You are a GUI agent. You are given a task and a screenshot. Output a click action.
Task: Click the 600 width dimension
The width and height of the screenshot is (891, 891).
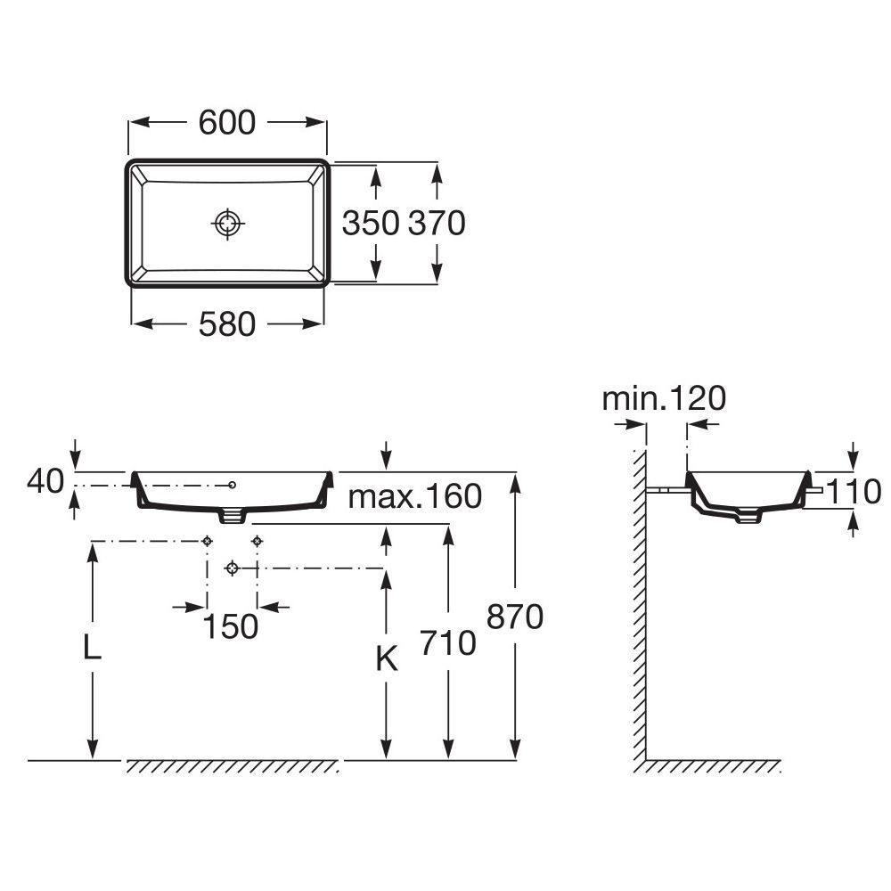pos(227,123)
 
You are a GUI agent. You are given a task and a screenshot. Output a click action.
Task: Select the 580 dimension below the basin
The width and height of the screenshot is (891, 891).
pos(227,324)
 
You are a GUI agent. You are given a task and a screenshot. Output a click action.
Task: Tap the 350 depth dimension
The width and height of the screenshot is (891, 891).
pos(371,223)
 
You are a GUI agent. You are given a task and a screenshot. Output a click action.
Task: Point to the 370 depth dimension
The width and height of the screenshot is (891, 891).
pos(437,223)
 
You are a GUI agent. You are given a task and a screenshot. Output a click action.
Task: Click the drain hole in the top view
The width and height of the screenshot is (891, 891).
pos(228,224)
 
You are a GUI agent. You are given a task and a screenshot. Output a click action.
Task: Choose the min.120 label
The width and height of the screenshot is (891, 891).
pos(664,398)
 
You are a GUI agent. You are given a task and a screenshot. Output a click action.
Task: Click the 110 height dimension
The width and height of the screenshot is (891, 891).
pos(853,492)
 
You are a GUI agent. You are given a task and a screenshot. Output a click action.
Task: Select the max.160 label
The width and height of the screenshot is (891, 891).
pos(415,496)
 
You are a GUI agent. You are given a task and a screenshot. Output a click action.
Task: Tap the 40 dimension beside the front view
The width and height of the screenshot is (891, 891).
pos(45,481)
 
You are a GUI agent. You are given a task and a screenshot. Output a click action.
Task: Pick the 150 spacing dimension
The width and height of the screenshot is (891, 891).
pos(231,626)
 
